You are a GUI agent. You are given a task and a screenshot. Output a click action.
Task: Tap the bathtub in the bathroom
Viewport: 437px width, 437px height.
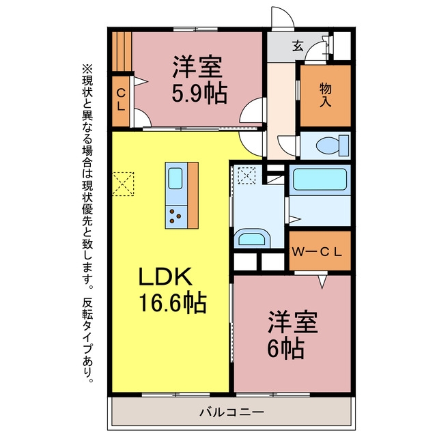320,180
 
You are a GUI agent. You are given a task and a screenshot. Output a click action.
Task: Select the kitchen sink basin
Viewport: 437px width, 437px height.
175,178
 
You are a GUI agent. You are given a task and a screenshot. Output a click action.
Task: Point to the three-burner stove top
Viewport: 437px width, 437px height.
176,217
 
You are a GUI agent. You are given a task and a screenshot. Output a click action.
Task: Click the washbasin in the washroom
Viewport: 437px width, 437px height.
252,239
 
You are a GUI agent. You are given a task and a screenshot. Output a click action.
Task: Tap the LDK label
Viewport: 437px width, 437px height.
165,277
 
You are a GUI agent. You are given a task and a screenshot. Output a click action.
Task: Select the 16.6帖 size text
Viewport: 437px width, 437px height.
173,302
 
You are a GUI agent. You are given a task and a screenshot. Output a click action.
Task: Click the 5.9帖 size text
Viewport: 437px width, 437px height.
199,94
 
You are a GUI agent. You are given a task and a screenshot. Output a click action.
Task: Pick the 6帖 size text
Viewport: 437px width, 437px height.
285,348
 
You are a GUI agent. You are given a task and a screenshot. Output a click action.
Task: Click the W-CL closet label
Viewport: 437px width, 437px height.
317,252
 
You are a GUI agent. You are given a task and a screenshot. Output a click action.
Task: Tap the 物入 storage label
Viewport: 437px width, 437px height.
325,95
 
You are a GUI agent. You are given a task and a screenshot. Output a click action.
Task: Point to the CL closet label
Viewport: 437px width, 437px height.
121,100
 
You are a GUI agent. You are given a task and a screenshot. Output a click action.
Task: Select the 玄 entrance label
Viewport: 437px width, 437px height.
298,46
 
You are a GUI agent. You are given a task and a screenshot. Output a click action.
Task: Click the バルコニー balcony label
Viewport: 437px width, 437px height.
231,412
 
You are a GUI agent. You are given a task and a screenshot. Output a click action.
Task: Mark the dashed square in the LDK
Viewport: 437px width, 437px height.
123,184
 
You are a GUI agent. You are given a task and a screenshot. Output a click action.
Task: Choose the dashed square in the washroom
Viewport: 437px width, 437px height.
246,175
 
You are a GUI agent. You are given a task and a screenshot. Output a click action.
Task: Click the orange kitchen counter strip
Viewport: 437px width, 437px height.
193,195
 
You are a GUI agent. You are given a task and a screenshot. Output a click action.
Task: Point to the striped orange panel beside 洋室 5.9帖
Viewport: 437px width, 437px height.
122,52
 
